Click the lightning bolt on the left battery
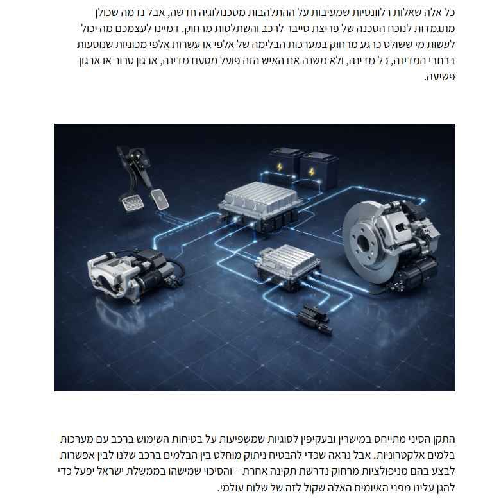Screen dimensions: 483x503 click(280, 167)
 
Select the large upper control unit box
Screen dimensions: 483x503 click(260, 205)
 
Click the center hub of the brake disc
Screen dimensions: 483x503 click(363, 243)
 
